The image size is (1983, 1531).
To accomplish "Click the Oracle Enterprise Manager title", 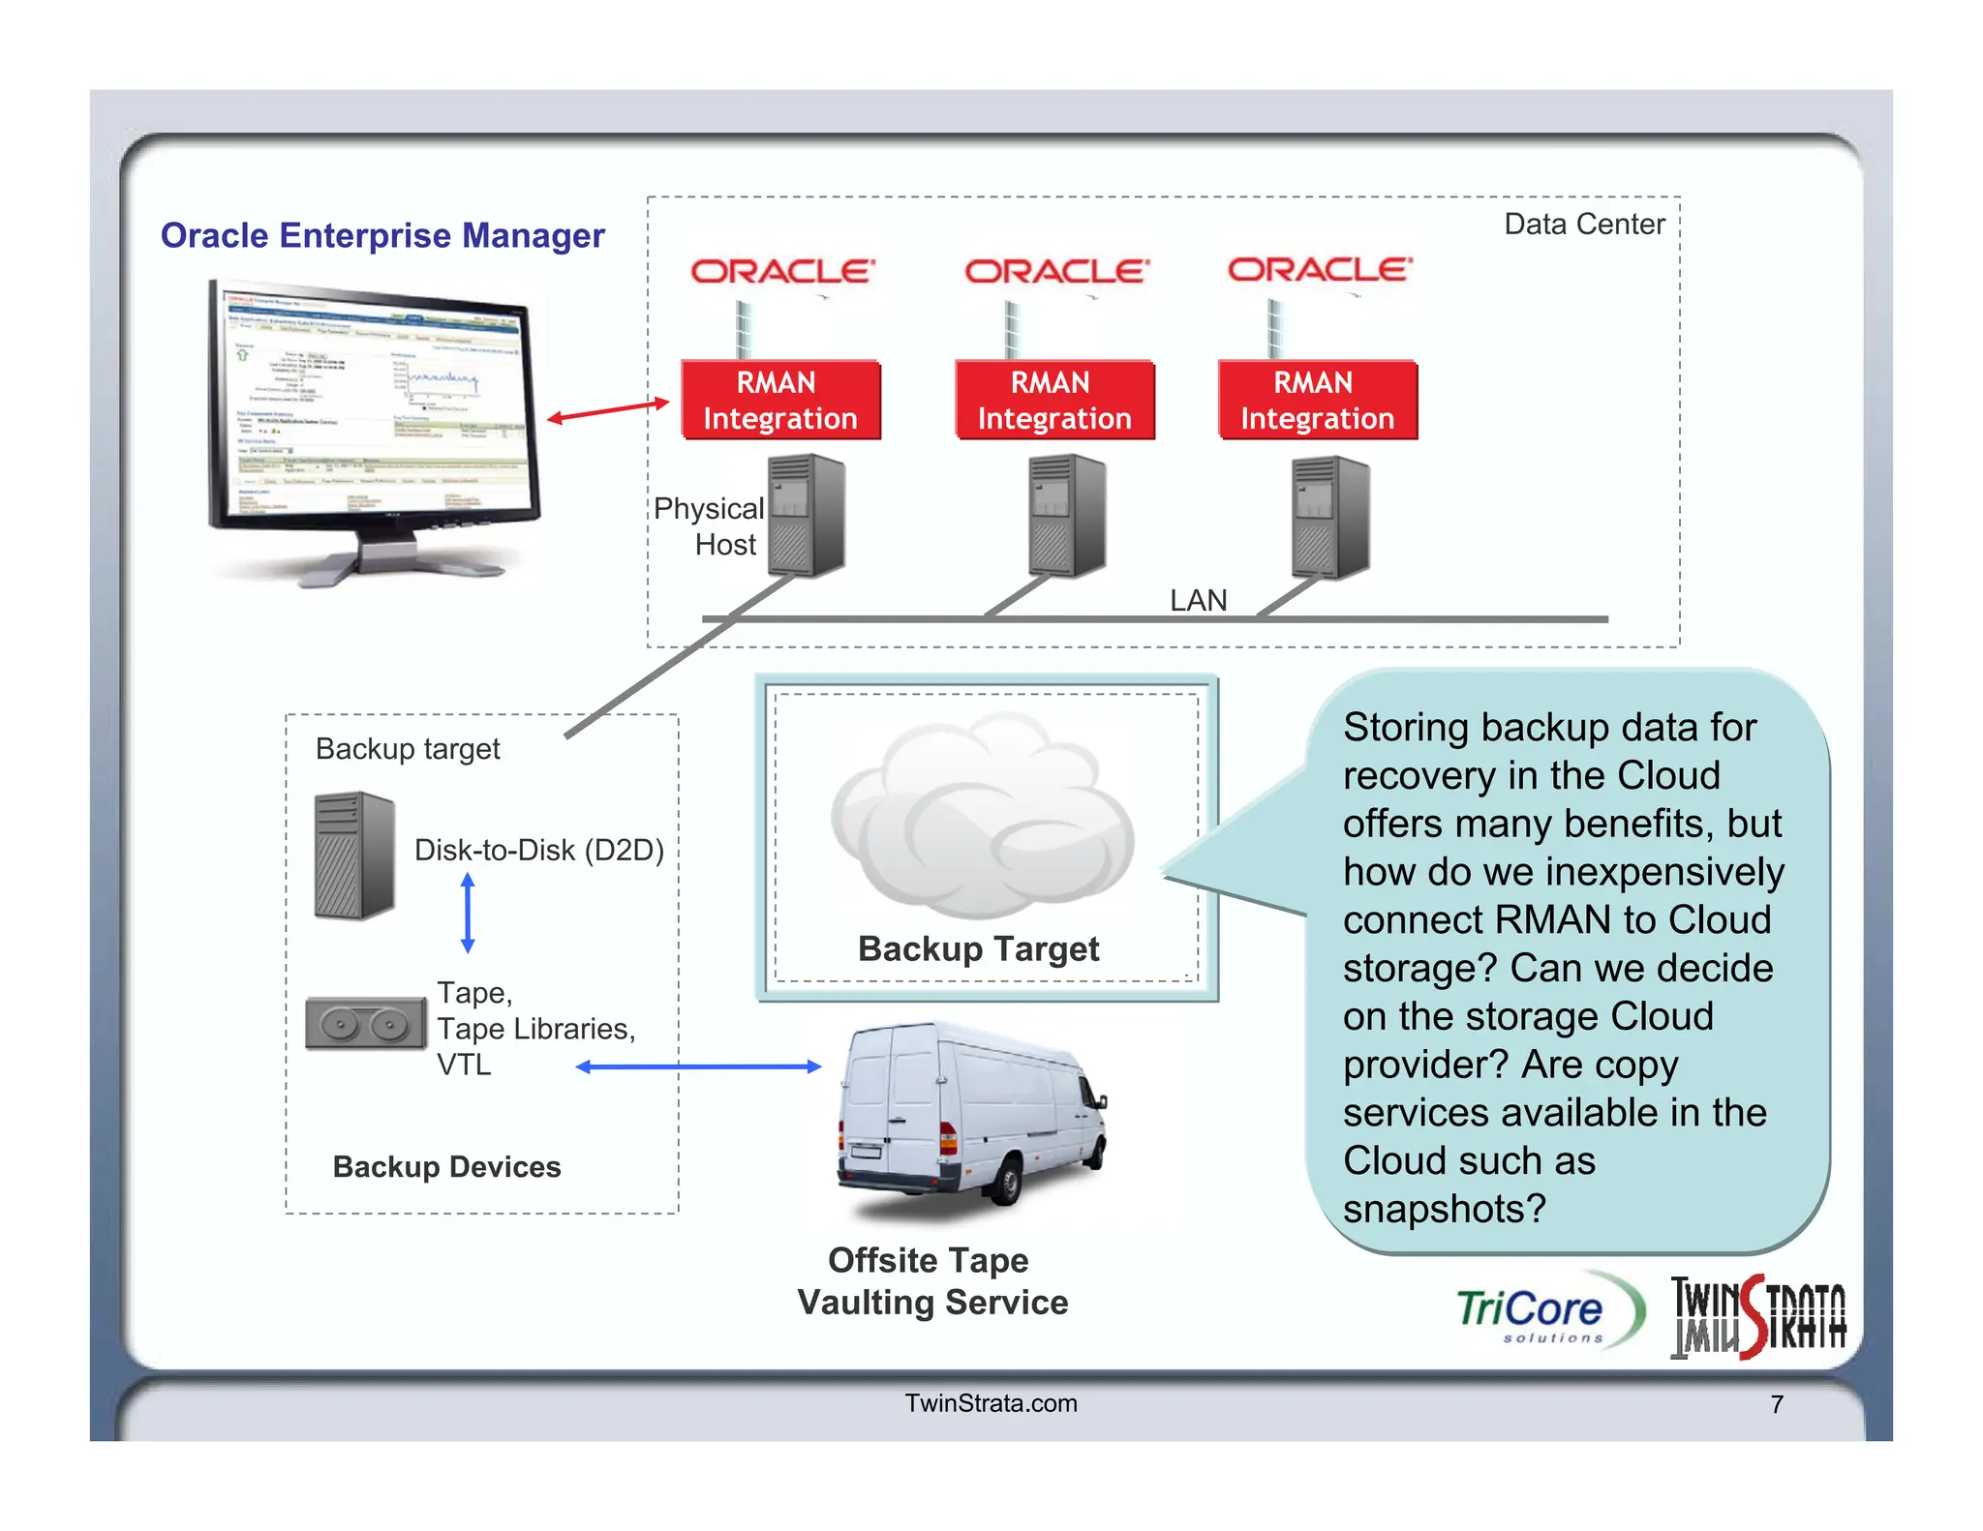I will pos(382,235).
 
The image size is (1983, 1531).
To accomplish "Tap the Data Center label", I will pos(1583,225).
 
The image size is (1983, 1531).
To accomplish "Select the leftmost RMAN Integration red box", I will pos(780,401).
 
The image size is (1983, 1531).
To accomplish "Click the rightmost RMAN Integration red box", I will pos(1317,401).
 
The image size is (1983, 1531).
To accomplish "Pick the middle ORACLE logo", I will pos(1056,271).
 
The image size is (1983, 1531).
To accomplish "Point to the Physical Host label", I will pos(710,526).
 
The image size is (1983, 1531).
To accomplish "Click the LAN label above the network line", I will pos(1198,600).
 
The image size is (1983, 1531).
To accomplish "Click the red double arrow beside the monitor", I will pos(608,410).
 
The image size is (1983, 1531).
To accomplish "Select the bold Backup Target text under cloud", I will pos(978,949).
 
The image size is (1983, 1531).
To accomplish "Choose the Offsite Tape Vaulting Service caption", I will pos(931,1281).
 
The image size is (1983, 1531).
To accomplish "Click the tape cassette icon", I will pos(365,1024).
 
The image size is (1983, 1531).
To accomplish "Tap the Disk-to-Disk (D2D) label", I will pos(538,850).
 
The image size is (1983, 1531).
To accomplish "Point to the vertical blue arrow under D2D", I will pos(468,913).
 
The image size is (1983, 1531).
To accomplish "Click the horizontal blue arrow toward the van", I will pos(698,1066).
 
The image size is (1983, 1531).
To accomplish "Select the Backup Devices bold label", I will pos(446,1167).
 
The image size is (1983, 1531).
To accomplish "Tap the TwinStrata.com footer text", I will pos(991,1403).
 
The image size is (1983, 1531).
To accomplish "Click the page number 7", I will pos(1776,1404).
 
